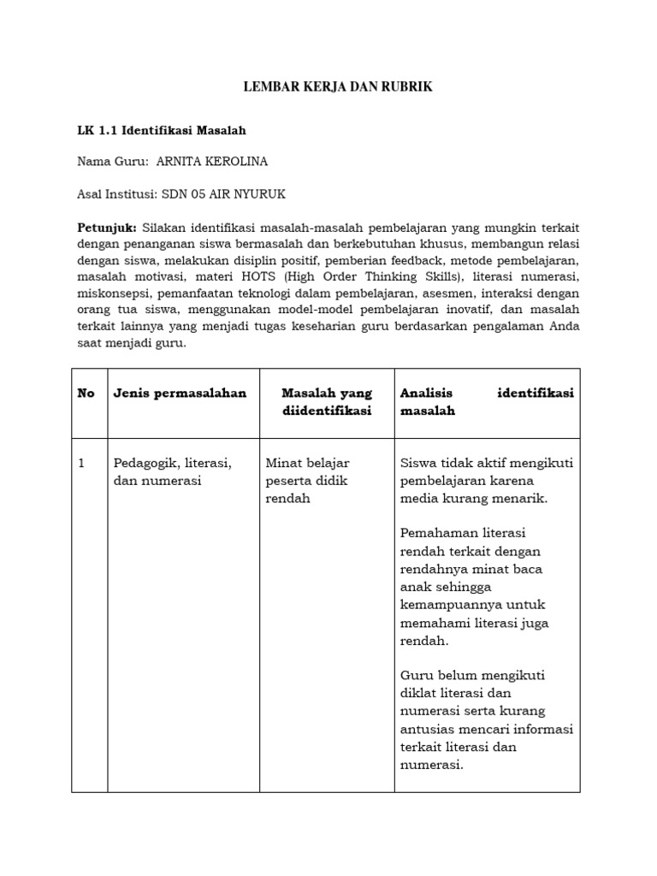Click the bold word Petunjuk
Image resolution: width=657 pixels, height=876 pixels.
[107, 227]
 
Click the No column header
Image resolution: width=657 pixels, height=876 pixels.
[86, 394]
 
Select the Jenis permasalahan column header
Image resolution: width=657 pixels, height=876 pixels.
[180, 394]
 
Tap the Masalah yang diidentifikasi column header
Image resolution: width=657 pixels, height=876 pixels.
[327, 402]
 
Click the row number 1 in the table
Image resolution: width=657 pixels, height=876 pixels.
[82, 463]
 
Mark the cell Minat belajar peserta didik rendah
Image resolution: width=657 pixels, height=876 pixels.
[307, 481]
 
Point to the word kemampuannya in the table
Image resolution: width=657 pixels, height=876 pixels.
[451, 605]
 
